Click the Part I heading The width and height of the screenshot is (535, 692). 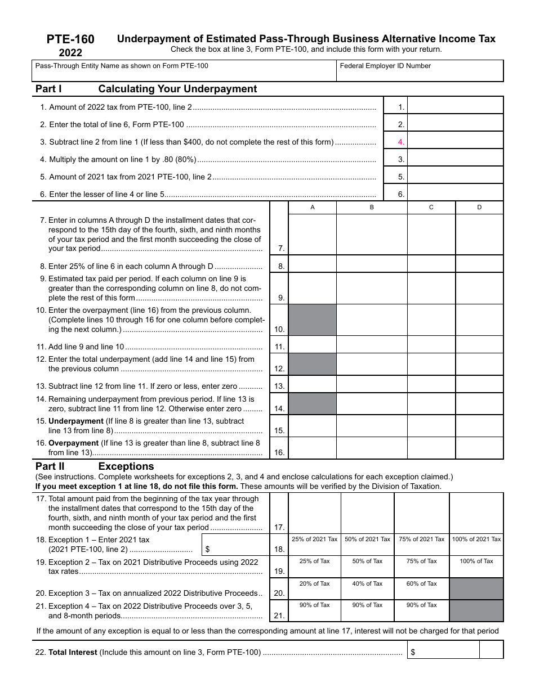48,89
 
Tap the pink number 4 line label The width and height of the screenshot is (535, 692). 401,142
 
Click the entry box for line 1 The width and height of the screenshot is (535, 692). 454,107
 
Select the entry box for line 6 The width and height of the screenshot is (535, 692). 454,194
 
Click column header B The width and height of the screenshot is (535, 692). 372,208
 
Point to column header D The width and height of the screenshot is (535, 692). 479,208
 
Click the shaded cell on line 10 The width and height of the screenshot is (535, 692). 313,320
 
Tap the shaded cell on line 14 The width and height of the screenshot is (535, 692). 313,403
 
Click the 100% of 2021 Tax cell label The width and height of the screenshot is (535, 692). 476,539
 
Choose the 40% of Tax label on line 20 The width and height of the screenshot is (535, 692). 367,583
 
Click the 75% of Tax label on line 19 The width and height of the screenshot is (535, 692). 422,561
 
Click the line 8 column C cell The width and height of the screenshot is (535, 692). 431,264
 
